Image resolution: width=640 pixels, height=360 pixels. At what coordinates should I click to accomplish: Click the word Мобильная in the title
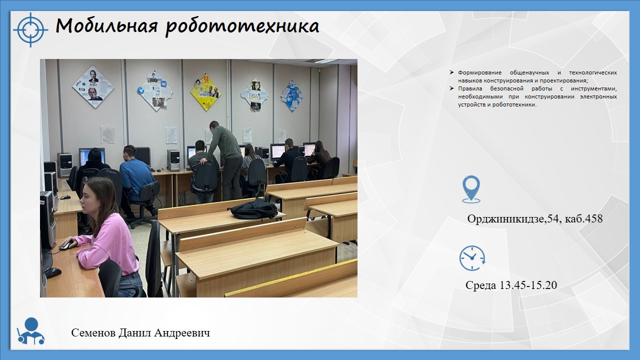pyautogui.click(x=106, y=26)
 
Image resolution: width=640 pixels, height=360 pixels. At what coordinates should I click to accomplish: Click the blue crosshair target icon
pyautogui.click(x=30, y=29)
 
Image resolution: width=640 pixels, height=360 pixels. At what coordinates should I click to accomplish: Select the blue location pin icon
pyautogui.click(x=471, y=189)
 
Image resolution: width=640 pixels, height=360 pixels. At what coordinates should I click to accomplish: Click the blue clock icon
pyautogui.click(x=472, y=257)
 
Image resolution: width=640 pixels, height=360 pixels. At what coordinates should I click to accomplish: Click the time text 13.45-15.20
pyautogui.click(x=528, y=285)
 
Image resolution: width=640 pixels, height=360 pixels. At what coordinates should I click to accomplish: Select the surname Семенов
pyautogui.click(x=93, y=332)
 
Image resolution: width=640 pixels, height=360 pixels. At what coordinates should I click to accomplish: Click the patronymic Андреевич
pyautogui.click(x=182, y=332)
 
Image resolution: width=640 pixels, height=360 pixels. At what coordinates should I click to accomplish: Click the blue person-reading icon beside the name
pyautogui.click(x=31, y=331)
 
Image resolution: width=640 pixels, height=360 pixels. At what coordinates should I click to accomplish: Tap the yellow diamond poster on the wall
pyautogui.click(x=206, y=92)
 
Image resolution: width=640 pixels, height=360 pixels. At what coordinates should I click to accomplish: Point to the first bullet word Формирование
pyautogui.click(x=479, y=72)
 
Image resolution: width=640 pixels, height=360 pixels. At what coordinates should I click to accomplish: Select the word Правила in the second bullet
pyautogui.click(x=470, y=88)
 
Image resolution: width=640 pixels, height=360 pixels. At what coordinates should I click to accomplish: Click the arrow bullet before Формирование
pyautogui.click(x=451, y=72)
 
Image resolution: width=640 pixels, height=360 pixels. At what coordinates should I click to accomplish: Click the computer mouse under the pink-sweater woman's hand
pyautogui.click(x=66, y=245)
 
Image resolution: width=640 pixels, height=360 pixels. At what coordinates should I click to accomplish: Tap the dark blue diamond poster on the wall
pyautogui.click(x=291, y=95)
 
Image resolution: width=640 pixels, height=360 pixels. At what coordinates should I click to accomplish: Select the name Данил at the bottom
pyautogui.click(x=135, y=332)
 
